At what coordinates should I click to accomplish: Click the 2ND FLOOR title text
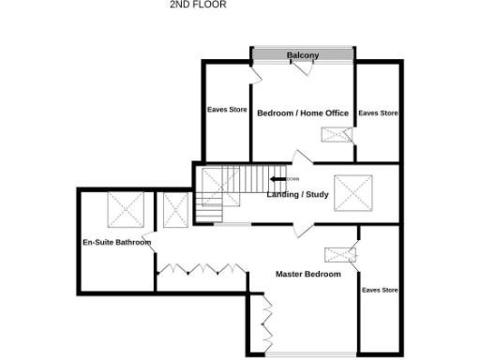[x=198, y=5]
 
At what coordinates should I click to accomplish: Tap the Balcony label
[x=303, y=55]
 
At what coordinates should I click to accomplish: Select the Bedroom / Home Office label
[x=303, y=113]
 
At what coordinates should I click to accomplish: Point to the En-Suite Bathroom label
[x=117, y=243]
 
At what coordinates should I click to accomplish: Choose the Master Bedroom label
[x=308, y=275]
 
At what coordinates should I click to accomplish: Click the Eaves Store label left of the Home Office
[x=227, y=110]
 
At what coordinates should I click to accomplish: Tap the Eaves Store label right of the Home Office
[x=379, y=113]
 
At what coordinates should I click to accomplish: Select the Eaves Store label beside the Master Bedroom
[x=380, y=291]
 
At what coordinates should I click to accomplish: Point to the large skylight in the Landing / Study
[x=353, y=195]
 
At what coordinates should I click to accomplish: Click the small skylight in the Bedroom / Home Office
[x=335, y=134]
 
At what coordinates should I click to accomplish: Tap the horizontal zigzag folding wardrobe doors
[x=195, y=269]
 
